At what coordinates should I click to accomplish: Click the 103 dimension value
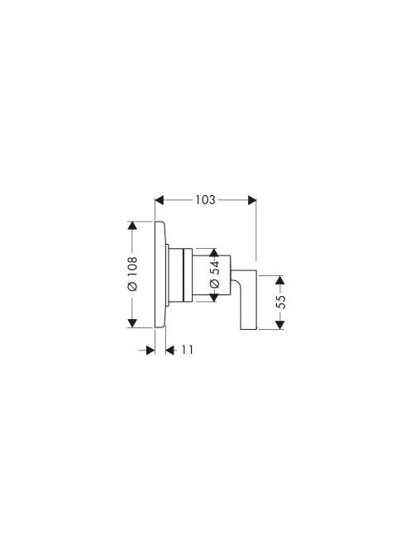click(205, 200)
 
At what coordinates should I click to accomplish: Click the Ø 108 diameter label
click(132, 274)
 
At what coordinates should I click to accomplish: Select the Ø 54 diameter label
click(215, 274)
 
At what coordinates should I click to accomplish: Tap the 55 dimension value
click(280, 302)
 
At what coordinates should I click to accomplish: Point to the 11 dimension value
click(187, 350)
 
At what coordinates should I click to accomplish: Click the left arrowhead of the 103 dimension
click(160, 200)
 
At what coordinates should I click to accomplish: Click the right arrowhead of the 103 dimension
click(252, 200)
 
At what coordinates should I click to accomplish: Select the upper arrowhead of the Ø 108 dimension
click(132, 226)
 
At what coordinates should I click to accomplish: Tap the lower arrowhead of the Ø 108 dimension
click(132, 323)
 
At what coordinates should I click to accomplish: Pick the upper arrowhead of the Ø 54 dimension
click(214, 253)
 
